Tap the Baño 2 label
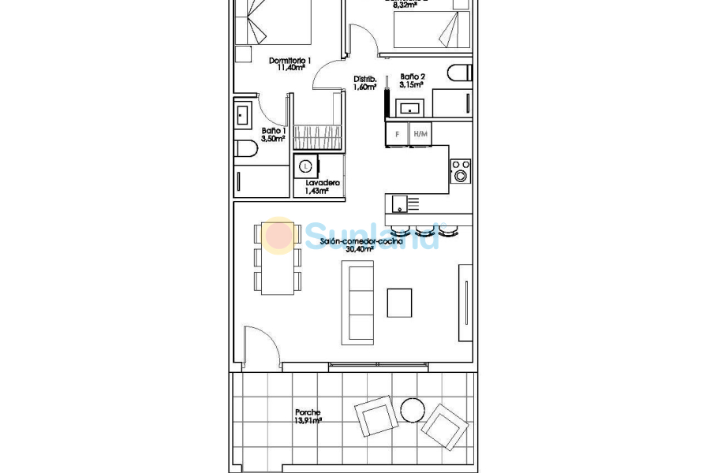coord(412,76)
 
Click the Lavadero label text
coord(322,183)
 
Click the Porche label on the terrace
coord(308,412)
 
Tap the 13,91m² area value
coord(308,421)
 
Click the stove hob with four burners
coord(460,171)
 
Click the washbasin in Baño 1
coord(243,115)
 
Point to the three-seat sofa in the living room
coord(357,303)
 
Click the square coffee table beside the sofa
coord(399,303)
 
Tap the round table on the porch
coord(413,411)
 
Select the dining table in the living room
coord(278,258)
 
